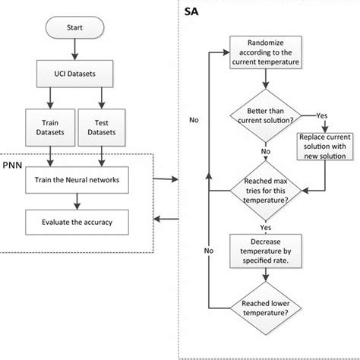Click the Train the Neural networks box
(x=74, y=179)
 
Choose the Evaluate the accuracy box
(x=74, y=222)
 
